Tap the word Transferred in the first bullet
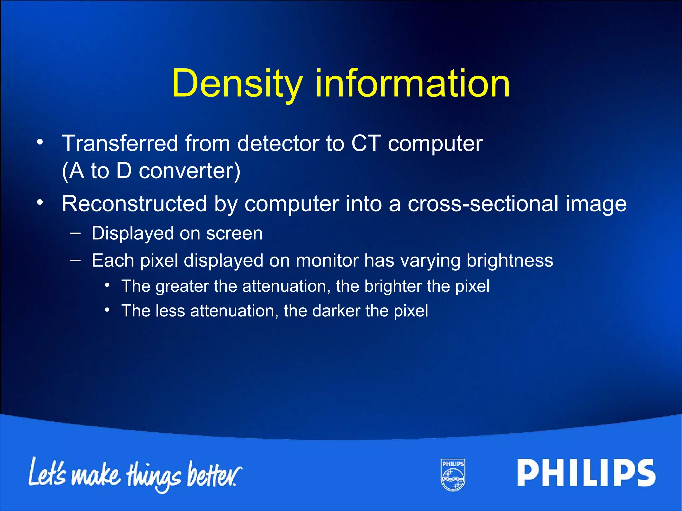[x=120, y=143]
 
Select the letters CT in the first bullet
[x=366, y=143]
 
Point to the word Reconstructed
[x=134, y=203]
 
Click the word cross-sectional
[x=483, y=203]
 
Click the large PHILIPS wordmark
[x=586, y=473]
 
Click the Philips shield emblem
[x=453, y=475]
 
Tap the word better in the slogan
[x=213, y=474]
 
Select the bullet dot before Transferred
[x=40, y=142]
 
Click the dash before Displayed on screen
[x=75, y=233]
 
